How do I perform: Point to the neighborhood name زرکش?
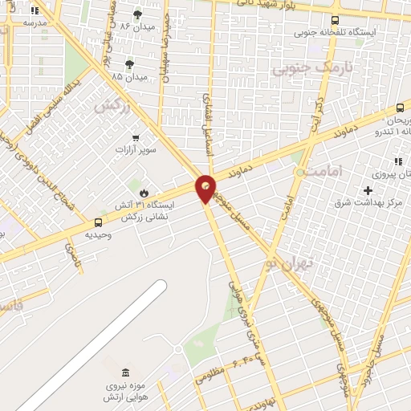tap(112, 105)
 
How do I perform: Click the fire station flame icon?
tap(144, 193)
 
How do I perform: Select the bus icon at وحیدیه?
tap(98, 222)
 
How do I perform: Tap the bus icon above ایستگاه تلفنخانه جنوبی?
tap(335, 20)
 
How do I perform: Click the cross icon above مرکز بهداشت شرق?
tap(368, 190)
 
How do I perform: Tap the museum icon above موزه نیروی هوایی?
tap(124, 372)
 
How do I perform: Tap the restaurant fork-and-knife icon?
tap(397, 161)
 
